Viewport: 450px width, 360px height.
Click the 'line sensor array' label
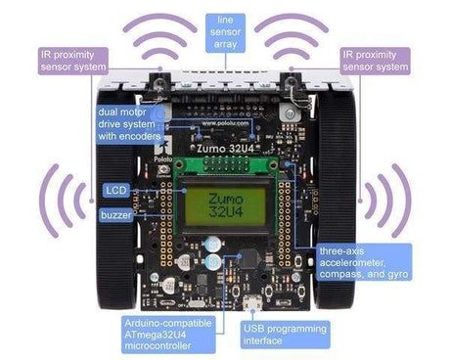click(224, 29)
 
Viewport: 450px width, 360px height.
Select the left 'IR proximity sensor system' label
click(72, 61)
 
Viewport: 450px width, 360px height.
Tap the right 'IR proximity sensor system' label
click(376, 61)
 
